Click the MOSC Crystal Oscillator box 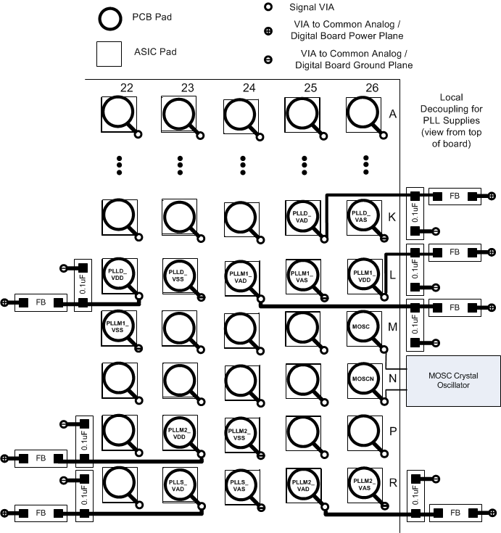453,380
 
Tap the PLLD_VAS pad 362,215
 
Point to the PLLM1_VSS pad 117,326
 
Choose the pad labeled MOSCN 362,379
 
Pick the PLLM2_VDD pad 179,432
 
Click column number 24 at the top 249,88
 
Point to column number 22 127,88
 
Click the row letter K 392,217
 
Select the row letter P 392,431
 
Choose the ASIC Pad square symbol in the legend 109,54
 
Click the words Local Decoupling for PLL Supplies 451,120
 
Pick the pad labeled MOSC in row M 362,326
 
